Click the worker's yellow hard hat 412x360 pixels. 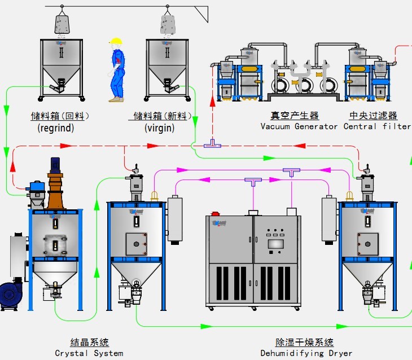click(x=116, y=41)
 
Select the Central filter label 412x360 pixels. click(x=377, y=126)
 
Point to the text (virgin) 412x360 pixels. click(x=160, y=128)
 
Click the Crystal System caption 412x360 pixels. click(x=89, y=353)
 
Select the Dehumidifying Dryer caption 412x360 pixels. click(x=305, y=353)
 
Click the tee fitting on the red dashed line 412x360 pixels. click(x=213, y=144)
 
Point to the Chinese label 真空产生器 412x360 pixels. click(x=295, y=116)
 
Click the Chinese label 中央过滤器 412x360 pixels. click(x=373, y=116)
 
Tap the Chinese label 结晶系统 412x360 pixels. click(x=89, y=343)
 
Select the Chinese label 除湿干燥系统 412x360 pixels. click(x=304, y=343)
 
